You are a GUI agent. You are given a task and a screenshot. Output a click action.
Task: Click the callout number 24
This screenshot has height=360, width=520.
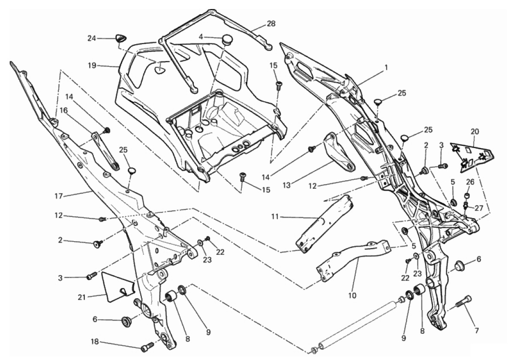pyautogui.click(x=91, y=38)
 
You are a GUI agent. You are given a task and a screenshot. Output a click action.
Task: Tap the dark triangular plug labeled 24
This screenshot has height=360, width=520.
pyautogui.click(x=120, y=39)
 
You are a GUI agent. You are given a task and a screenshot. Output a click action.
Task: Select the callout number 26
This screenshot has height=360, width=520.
pyautogui.click(x=470, y=182)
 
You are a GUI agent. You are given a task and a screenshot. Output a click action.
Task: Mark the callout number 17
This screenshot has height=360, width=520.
pyautogui.click(x=59, y=196)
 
